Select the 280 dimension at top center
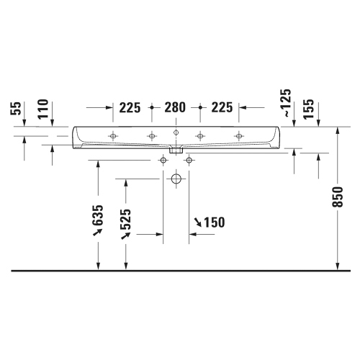(x=176, y=108)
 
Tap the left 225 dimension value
(x=130, y=108)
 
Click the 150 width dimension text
(x=210, y=222)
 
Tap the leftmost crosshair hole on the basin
(x=113, y=135)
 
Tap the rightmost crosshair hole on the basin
(x=239, y=135)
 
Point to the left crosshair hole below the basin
(x=163, y=160)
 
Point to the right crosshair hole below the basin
(x=189, y=160)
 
